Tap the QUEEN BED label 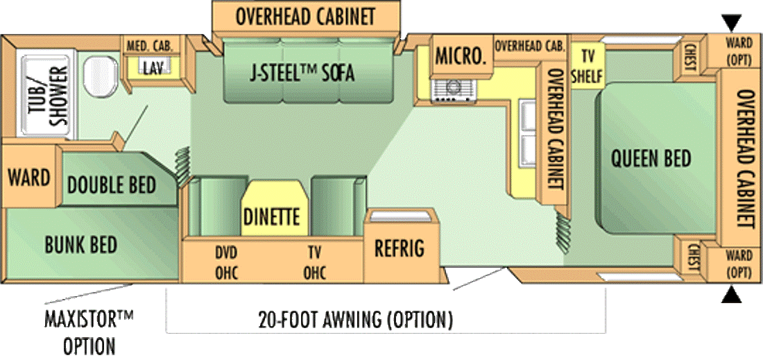pyautogui.click(x=651, y=158)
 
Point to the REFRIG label pyautogui.click(x=399, y=248)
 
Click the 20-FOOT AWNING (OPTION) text pyautogui.click(x=355, y=320)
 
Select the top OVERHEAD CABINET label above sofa pyautogui.click(x=305, y=16)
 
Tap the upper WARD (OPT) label pyautogui.click(x=739, y=51)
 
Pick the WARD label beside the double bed pyautogui.click(x=29, y=177)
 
